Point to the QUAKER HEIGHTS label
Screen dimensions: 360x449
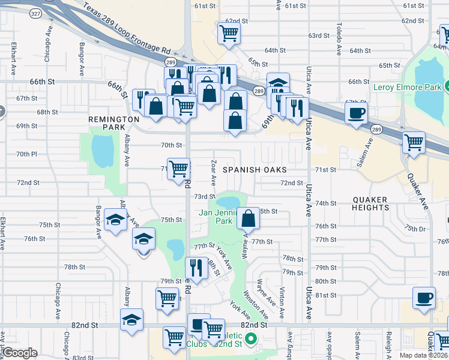point(371,203)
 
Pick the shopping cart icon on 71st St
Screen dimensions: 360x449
point(178,169)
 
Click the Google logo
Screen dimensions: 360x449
point(20,353)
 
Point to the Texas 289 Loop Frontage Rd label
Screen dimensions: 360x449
point(127,31)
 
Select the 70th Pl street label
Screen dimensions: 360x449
point(26,154)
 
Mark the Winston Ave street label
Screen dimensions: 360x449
point(255,305)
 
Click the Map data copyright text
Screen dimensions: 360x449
point(424,355)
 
